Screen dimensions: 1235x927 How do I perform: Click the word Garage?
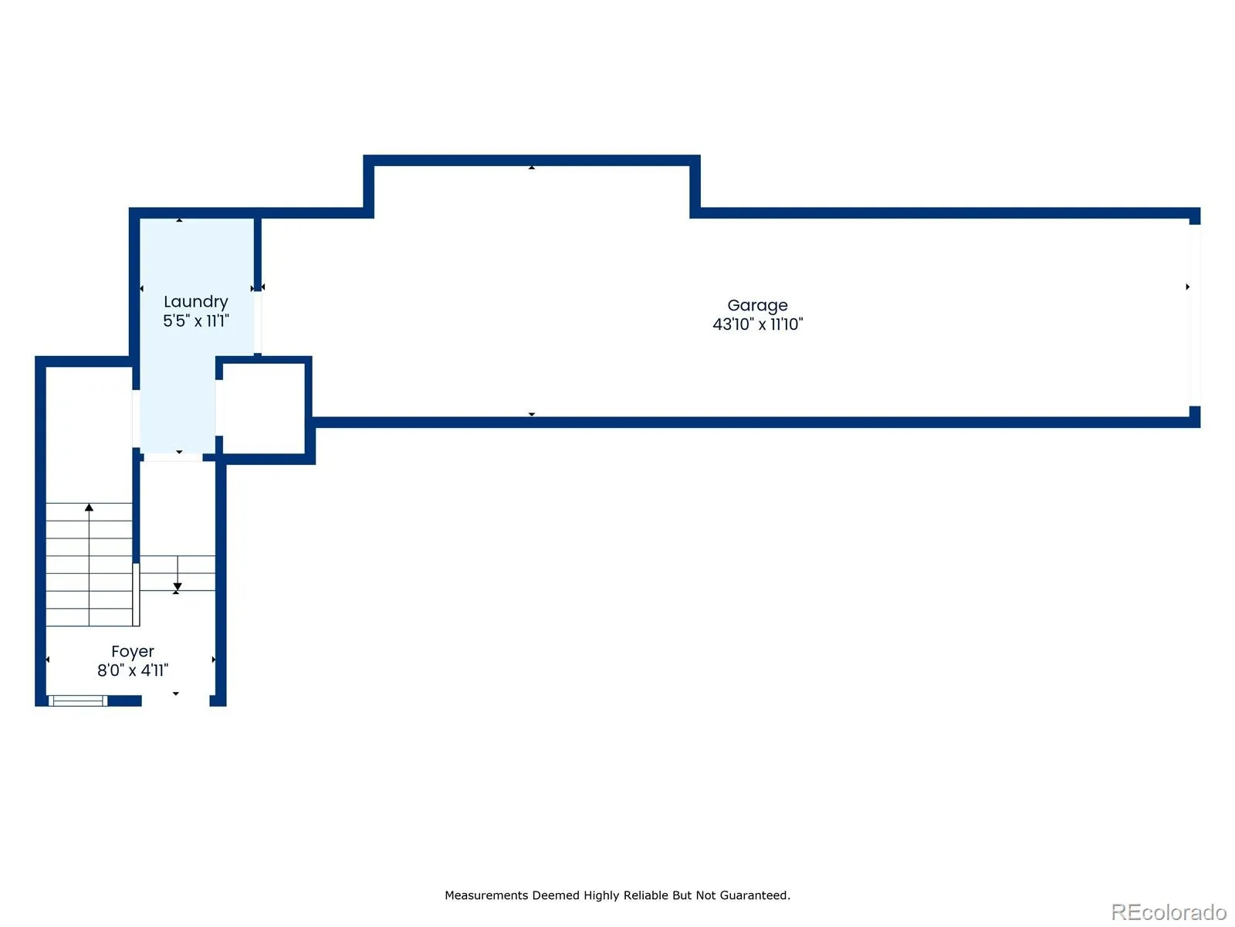click(x=756, y=306)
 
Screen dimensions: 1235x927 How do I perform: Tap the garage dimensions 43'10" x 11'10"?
click(x=757, y=324)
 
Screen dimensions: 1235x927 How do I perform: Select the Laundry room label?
click(x=196, y=302)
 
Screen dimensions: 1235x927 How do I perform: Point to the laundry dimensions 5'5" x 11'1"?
click(x=196, y=321)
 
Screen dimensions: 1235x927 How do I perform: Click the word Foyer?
click(x=133, y=652)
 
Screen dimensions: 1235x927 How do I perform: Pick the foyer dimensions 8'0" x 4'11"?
click(x=133, y=671)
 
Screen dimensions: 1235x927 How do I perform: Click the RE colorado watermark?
click(x=1169, y=912)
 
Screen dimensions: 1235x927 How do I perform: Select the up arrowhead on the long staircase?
click(x=89, y=508)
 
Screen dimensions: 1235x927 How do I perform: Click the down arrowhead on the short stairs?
click(x=178, y=587)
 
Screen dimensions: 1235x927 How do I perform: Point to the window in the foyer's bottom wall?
click(x=78, y=701)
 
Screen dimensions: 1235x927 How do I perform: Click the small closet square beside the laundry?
click(x=262, y=409)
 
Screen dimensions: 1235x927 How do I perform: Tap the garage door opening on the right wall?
click(x=1195, y=315)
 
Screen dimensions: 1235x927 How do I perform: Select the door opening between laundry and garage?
click(x=258, y=322)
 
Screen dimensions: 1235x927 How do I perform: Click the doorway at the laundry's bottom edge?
click(x=173, y=457)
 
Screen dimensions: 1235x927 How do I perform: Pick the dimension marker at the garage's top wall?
click(x=531, y=168)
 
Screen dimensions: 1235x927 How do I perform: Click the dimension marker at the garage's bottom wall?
click(x=531, y=414)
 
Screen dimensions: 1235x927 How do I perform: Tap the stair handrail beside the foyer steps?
click(x=136, y=594)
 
